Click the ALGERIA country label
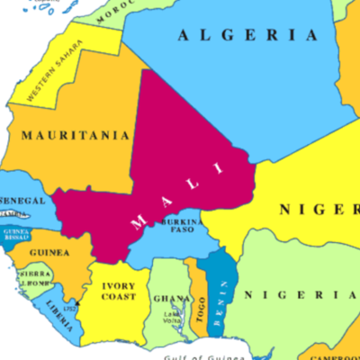pyautogui.click(x=247, y=36)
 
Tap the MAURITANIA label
pyautogui.click(x=75, y=135)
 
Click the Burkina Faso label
pyautogui.click(x=177, y=225)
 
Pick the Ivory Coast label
pyautogui.click(x=119, y=291)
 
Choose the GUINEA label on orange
pyautogui.click(x=49, y=253)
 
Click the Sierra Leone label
pyautogui.click(x=34, y=277)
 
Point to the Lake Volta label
pyautogui.click(x=172, y=319)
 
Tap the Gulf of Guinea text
pyautogui.click(x=215, y=355)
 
